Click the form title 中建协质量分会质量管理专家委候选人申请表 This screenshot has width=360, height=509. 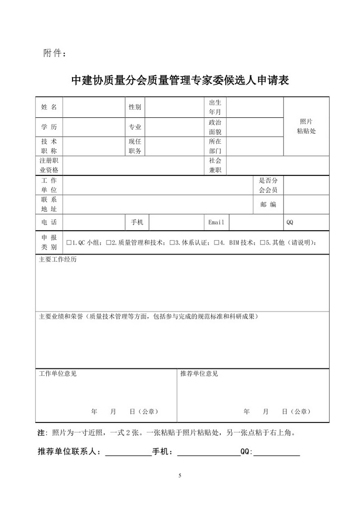click(180, 80)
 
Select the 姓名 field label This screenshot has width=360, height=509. click(49, 107)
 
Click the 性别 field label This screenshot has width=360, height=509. click(135, 107)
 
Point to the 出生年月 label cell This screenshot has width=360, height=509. click(215, 107)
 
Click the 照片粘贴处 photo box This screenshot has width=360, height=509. click(306, 126)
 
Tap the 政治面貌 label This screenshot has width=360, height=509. click(215, 127)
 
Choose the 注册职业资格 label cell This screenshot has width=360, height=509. click(49, 165)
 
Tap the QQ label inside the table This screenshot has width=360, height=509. click(290, 222)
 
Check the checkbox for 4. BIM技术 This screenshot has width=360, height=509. click(217, 243)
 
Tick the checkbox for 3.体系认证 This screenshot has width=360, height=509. click(172, 243)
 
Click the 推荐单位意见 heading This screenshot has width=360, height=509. click(199, 373)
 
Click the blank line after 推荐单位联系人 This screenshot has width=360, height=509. click(128, 453)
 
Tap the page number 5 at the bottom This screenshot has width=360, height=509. click(180, 476)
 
